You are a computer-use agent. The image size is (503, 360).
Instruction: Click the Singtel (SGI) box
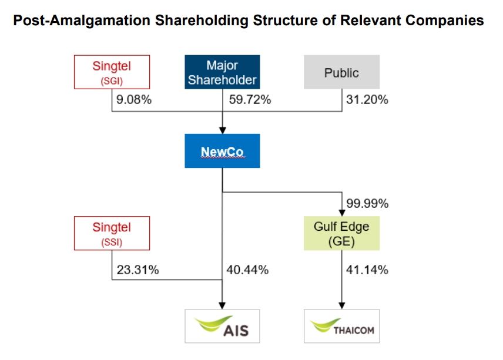tap(112, 72)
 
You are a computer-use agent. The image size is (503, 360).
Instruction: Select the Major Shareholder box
tap(222, 72)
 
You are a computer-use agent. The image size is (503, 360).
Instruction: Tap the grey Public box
tap(341, 72)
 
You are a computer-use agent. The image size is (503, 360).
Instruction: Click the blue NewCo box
tap(222, 151)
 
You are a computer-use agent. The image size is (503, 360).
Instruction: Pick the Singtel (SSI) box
tap(112, 233)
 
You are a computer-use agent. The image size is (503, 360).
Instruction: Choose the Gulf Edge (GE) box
tap(341, 233)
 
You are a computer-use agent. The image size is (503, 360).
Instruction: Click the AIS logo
tap(222, 326)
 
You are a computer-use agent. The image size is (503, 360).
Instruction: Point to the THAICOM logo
tap(341, 326)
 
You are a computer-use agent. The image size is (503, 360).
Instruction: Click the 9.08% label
tap(134, 100)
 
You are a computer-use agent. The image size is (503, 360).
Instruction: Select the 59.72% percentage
tap(250, 100)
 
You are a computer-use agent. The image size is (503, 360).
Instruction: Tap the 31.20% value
tap(367, 100)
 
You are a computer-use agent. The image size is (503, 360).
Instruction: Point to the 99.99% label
tap(367, 204)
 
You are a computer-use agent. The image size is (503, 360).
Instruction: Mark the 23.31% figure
tap(138, 270)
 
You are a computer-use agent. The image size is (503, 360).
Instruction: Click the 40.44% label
tap(247, 270)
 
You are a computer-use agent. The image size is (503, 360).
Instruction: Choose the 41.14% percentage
tap(367, 270)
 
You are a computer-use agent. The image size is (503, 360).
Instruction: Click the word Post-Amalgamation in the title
tap(82, 21)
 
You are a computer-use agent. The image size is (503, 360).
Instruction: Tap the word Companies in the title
tap(444, 21)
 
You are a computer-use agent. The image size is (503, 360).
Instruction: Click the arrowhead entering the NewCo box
tap(222, 130)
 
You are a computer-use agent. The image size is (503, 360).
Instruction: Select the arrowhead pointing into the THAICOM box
tap(341, 305)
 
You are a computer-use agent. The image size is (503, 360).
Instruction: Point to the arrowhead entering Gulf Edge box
tap(341, 213)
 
